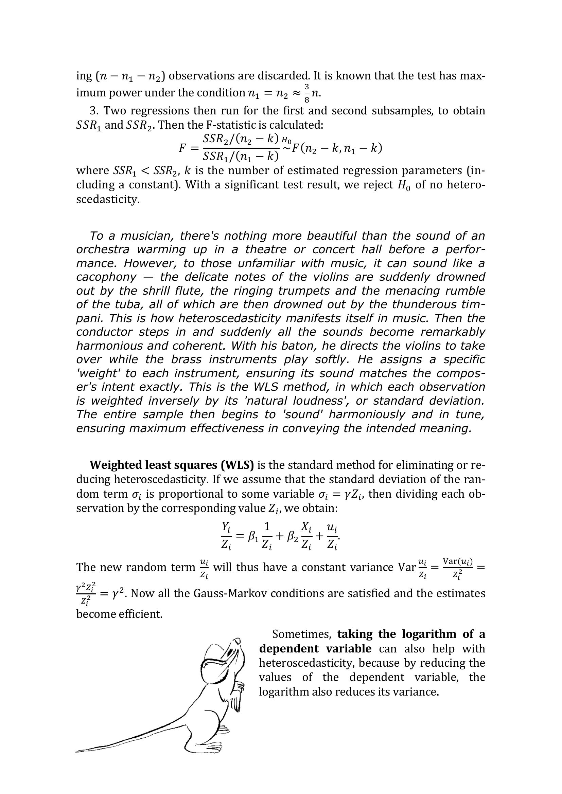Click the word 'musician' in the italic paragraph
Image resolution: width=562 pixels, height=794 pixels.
(x=147, y=236)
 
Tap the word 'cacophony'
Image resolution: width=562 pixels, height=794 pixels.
(x=106, y=277)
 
